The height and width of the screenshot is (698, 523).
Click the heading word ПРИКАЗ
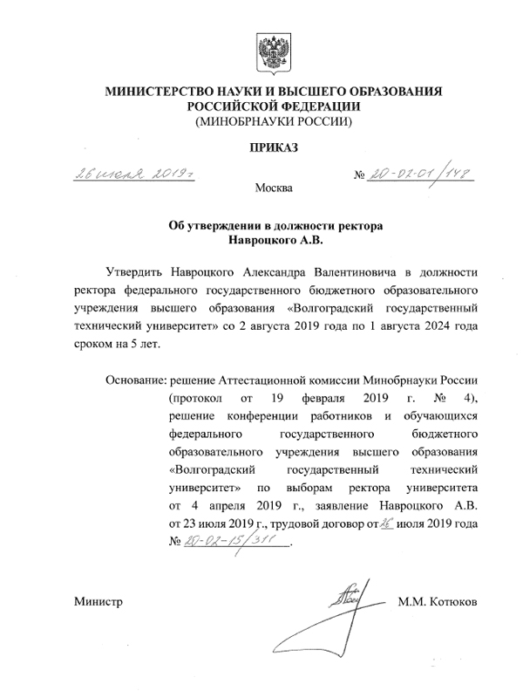pyautogui.click(x=274, y=149)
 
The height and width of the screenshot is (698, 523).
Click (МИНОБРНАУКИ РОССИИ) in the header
pyautogui.click(x=274, y=122)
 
